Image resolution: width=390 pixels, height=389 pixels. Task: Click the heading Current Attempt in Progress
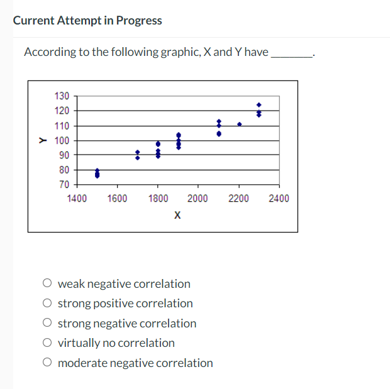pos(87,21)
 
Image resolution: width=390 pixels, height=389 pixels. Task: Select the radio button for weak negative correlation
pos(48,283)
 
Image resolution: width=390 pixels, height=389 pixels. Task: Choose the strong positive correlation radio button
pos(48,304)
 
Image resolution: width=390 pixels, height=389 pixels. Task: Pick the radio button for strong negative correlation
pos(48,324)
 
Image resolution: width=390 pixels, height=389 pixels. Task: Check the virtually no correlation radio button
pos(48,343)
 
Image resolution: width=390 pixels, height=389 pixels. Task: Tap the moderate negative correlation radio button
pos(48,363)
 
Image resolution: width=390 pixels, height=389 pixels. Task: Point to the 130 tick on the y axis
pos(62,96)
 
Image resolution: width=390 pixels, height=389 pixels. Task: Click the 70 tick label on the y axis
pos(64,185)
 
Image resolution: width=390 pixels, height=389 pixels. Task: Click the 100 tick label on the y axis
pos(62,140)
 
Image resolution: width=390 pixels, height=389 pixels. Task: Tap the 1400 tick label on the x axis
pos(77,199)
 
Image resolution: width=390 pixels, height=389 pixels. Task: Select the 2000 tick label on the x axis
pos(198,199)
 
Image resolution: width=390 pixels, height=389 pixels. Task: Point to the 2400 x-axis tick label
pos(279,199)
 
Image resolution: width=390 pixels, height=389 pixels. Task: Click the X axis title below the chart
pos(177,216)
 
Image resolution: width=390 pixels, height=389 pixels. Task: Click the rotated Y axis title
pos(43,140)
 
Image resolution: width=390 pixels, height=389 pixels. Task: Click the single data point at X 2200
pos(239,124)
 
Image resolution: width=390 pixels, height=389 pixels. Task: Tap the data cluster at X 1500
pos(97,173)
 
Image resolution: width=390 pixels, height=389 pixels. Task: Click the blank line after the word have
pos(290,53)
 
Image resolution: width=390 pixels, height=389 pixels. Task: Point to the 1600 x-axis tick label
pos(117,199)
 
